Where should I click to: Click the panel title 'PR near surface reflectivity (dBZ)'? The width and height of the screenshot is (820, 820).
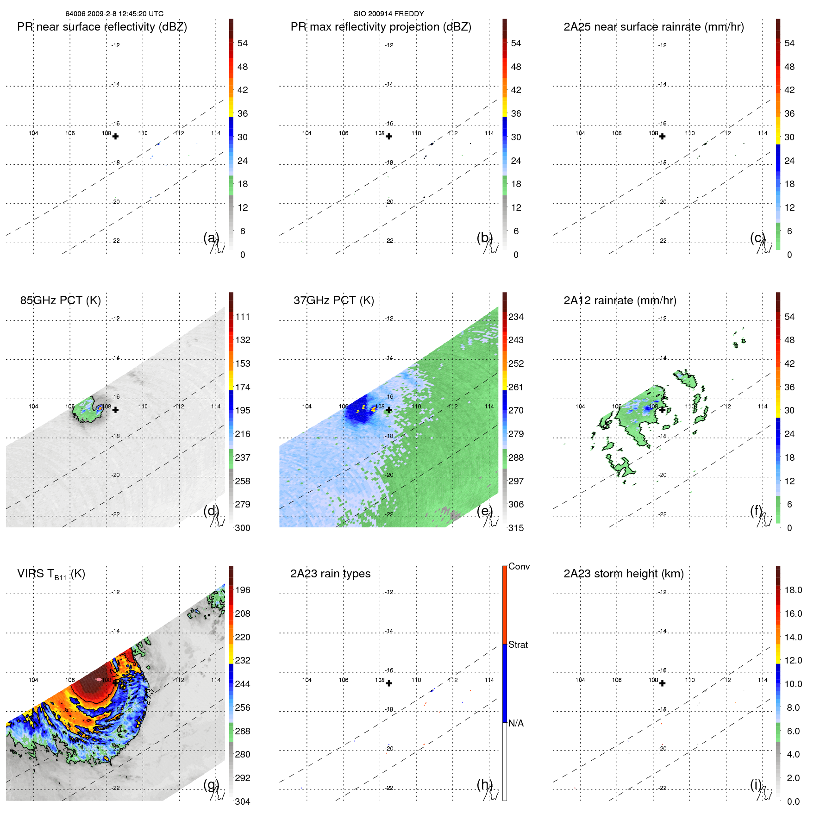coord(102,27)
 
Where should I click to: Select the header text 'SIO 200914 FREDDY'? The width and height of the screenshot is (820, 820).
coord(388,14)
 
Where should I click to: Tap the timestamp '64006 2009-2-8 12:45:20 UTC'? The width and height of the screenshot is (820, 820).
coord(114,14)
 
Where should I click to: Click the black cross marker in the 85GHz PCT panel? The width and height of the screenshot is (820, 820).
coord(115,410)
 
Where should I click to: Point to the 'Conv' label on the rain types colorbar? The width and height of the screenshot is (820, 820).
coord(519,566)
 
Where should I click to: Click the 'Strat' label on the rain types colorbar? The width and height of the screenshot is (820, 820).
coord(518,645)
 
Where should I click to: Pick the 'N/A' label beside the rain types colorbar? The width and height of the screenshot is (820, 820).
coord(516,723)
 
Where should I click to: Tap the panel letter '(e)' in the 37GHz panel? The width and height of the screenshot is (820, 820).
coord(484,511)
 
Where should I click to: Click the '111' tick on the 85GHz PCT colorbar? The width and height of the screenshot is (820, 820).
coord(243,317)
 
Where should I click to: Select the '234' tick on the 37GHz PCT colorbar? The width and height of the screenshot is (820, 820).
coord(516,317)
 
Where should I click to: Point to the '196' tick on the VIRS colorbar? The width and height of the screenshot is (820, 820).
coord(243,590)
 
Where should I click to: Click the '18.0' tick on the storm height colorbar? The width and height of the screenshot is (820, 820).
coord(793,590)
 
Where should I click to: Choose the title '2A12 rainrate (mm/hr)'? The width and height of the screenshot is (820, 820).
coord(620,300)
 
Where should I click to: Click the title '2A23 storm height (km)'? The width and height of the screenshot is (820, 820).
coord(623,574)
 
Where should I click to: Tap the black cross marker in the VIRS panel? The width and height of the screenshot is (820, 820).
coord(115,683)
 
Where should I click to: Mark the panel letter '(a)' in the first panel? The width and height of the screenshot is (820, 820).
coord(211,238)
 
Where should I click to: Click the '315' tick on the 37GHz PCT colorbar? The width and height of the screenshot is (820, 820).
coord(516,528)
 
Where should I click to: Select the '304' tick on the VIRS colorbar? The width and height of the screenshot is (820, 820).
coord(243,801)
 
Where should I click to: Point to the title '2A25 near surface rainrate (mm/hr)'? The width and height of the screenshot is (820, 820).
coord(653,27)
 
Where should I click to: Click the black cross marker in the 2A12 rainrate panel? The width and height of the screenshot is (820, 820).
coord(662,410)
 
